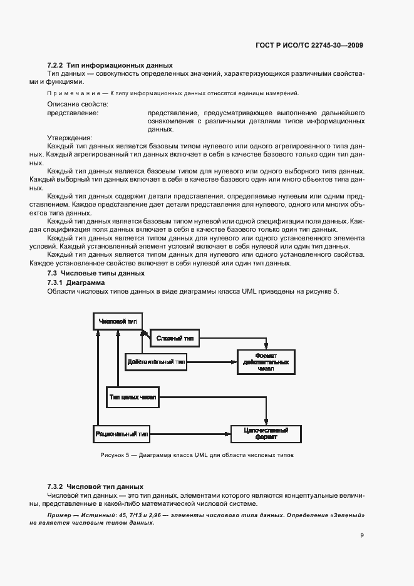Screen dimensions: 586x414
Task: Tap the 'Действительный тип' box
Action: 156,361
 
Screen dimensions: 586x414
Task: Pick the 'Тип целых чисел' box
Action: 133,398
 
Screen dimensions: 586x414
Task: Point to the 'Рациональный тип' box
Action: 122,433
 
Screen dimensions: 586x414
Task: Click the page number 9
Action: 362,535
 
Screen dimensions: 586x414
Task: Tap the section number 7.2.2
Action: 55,65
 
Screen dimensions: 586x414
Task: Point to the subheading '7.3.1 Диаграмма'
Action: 76,283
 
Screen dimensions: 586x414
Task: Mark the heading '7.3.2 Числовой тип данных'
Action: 95,486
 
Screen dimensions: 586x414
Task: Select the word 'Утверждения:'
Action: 70,138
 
